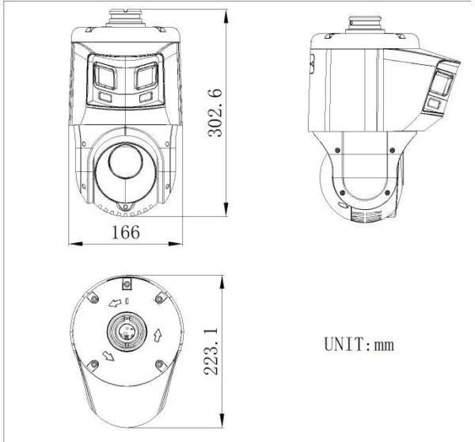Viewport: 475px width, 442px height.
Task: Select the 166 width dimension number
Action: pos(124,232)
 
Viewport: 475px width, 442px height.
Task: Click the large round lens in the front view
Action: pos(124,166)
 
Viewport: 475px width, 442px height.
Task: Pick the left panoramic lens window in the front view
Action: pos(104,76)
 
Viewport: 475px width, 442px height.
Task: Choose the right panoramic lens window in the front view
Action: pos(146,76)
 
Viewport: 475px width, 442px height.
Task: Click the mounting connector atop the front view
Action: pos(124,17)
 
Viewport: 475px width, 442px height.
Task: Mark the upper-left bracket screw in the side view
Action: pos(339,148)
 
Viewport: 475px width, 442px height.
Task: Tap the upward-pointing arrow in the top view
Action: pos(158,333)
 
